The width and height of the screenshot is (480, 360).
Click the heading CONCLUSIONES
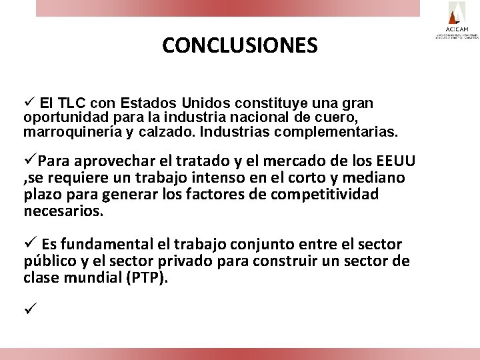tap(239, 45)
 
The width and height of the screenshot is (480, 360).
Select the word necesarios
tap(63, 211)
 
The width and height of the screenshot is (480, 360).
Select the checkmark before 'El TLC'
tap(29, 104)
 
